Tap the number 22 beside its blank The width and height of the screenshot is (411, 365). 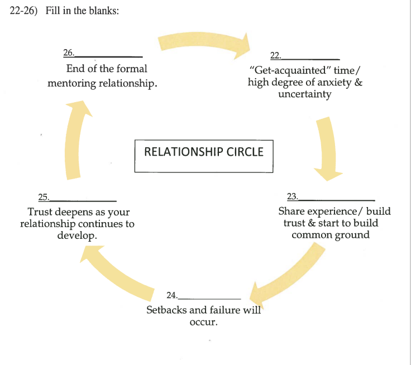click(275, 55)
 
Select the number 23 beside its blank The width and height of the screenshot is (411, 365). click(292, 196)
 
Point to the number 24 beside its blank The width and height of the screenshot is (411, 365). click(171, 295)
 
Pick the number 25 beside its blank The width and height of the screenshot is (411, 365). click(43, 196)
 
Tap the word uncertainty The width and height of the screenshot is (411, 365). click(304, 94)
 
